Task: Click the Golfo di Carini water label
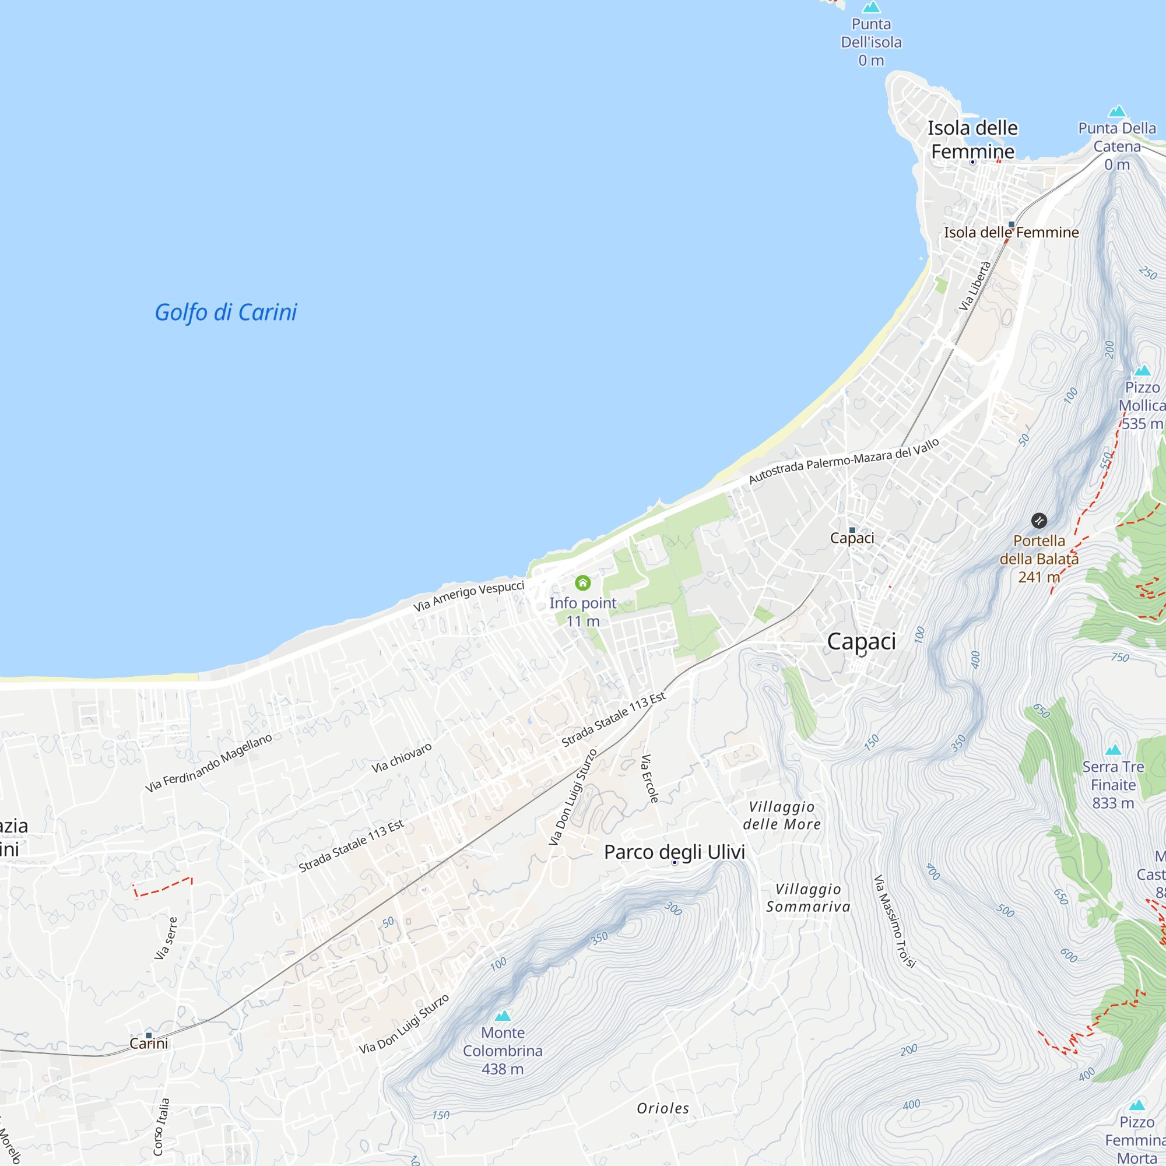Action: (x=226, y=312)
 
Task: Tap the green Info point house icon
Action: (x=582, y=583)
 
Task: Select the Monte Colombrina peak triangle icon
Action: (x=503, y=1016)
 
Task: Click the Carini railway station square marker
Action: (x=149, y=1035)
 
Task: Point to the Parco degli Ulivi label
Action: (x=674, y=852)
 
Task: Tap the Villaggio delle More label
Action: (x=782, y=816)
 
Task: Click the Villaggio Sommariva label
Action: (x=808, y=897)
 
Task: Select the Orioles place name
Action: (x=663, y=1108)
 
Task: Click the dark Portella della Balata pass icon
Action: (x=1039, y=520)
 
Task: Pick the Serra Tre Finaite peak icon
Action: (x=1113, y=750)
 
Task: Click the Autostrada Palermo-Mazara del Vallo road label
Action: (x=844, y=461)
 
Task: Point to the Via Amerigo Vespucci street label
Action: (x=468, y=596)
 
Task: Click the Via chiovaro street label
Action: (x=401, y=758)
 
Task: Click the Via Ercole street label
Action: (x=649, y=778)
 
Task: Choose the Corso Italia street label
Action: (x=161, y=1127)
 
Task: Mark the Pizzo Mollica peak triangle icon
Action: (x=1142, y=371)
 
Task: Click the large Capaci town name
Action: (x=861, y=641)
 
